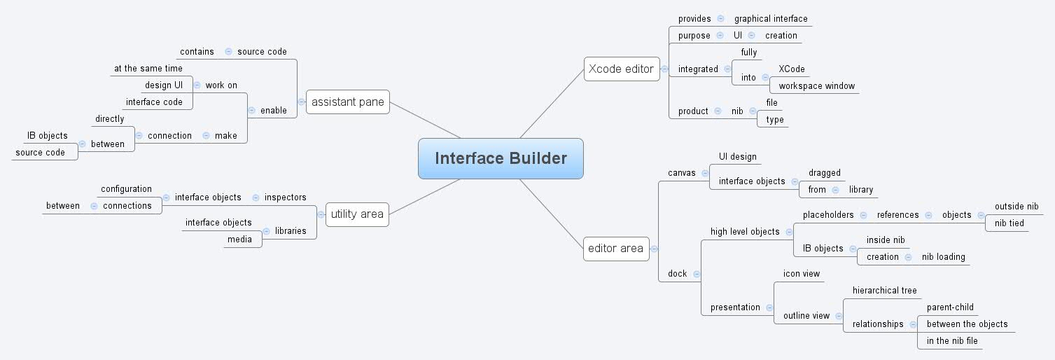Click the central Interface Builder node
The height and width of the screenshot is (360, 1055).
click(x=501, y=158)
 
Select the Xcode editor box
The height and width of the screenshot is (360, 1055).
click(x=621, y=69)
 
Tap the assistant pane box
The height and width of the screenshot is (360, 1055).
click(x=347, y=102)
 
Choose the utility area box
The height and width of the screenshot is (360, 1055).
click(x=357, y=214)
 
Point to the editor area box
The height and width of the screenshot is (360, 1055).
click(x=616, y=248)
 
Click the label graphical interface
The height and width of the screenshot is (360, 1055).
click(x=770, y=19)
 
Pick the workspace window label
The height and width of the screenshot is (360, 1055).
click(x=816, y=86)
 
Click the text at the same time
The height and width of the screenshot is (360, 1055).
click(x=148, y=69)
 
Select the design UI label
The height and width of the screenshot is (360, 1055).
click(x=163, y=85)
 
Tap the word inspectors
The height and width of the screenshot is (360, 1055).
click(x=285, y=198)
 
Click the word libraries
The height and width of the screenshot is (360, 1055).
click(x=291, y=231)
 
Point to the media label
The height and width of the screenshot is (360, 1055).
click(x=239, y=240)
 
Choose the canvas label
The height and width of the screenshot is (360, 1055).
click(x=682, y=172)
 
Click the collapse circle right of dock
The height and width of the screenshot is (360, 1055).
click(x=697, y=274)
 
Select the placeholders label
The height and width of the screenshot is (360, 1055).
click(x=828, y=215)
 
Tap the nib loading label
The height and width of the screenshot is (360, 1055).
click(x=943, y=257)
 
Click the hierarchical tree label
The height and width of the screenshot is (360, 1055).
click(x=884, y=291)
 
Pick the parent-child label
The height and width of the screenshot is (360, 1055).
click(x=950, y=307)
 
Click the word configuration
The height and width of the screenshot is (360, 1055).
click(x=126, y=189)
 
